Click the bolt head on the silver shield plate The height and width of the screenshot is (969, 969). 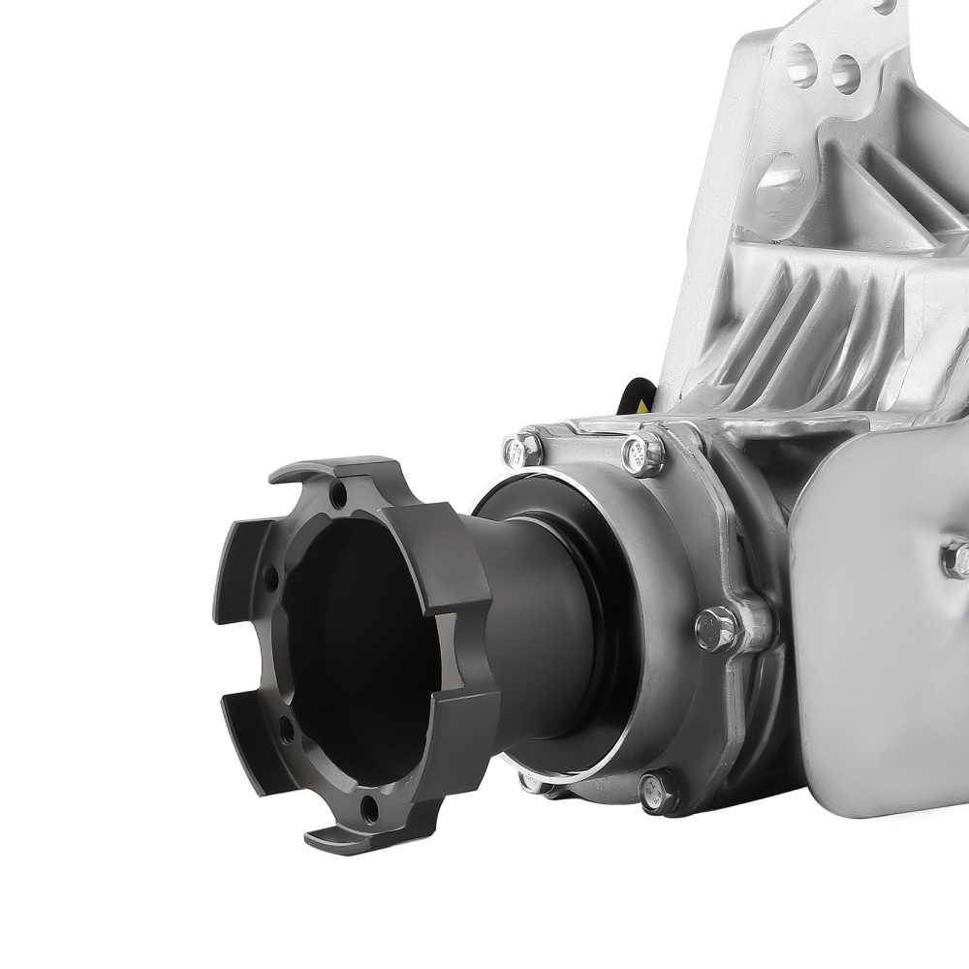(959, 557)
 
